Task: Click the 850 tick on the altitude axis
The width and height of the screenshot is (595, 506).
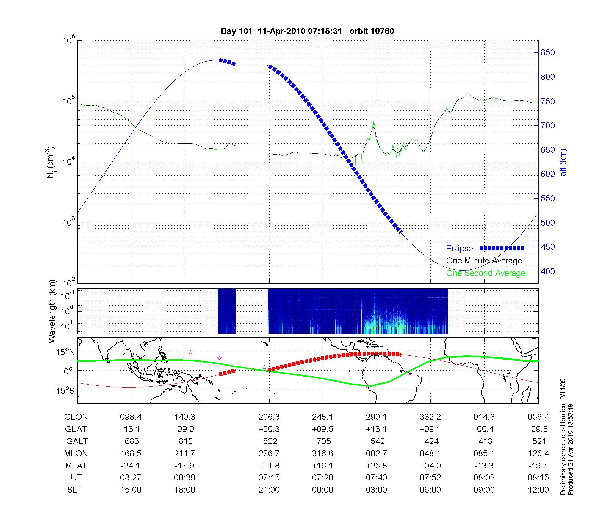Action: point(547,53)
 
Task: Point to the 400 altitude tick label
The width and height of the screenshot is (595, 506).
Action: point(547,271)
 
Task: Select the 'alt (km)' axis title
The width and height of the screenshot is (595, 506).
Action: point(563,162)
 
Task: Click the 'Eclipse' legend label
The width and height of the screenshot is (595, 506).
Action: point(459,249)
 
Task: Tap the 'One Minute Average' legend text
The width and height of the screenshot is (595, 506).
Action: point(484,261)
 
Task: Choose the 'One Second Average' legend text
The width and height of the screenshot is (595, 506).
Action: point(486,273)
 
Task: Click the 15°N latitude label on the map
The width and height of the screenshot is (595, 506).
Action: point(65,352)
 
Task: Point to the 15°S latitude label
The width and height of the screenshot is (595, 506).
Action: point(65,391)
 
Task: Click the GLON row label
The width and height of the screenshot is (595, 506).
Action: point(76,417)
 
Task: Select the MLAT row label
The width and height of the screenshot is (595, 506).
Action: point(76,466)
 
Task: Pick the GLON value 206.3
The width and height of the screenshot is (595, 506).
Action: point(269,417)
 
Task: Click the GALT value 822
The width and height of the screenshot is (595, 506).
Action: point(270,441)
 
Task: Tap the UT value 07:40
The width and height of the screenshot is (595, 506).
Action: point(376,478)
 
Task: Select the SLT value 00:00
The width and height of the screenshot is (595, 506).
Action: point(322,490)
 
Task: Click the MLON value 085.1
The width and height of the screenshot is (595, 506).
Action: point(484,453)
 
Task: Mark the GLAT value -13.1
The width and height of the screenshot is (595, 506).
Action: point(131,429)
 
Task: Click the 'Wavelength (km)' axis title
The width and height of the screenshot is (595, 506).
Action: point(52,311)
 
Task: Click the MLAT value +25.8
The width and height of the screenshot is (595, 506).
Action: point(376,466)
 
